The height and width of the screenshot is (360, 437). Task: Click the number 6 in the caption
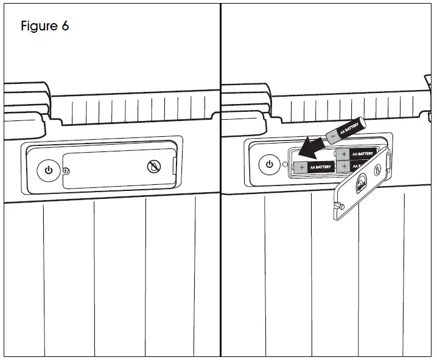65,26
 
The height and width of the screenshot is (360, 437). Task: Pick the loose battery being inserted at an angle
346,129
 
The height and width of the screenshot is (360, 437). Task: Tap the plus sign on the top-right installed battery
344,154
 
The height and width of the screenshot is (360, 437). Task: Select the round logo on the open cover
362,181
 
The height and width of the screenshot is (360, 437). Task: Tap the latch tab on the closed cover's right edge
176,164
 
